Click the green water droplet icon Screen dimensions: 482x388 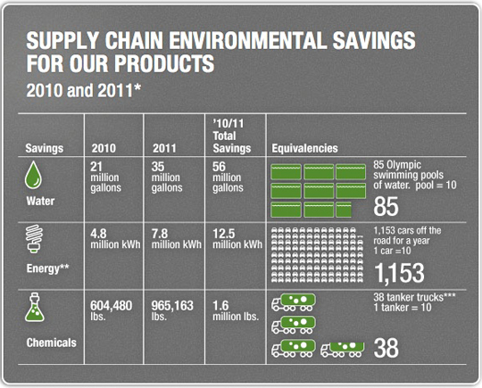pyautogui.click(x=33, y=175)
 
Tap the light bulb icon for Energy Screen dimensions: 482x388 pyautogui.click(x=34, y=239)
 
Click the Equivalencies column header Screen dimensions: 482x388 pyautogui.click(x=304, y=148)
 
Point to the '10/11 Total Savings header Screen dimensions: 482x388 pyautogui.click(x=232, y=136)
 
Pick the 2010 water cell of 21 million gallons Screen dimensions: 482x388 pyautogui.click(x=105, y=177)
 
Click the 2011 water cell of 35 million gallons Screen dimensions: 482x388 pyautogui.click(x=167, y=177)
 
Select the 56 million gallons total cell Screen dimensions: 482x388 pyautogui.click(x=228, y=177)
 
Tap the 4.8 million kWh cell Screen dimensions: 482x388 pyautogui.click(x=115, y=239)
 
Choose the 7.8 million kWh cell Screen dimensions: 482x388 pyautogui.click(x=177, y=239)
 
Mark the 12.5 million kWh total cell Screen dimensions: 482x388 pyautogui.click(x=237, y=239)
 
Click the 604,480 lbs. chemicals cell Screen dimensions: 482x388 pyautogui.click(x=111, y=310)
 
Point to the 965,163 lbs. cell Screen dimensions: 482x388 pyautogui.click(x=172, y=310)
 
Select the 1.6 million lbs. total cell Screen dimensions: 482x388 pyautogui.click(x=236, y=310)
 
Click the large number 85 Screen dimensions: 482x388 pyautogui.click(x=386, y=206)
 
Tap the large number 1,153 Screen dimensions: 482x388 pyautogui.click(x=399, y=273)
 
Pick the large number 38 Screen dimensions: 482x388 pyautogui.click(x=386, y=348)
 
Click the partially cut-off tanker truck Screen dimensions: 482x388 pyautogui.click(x=343, y=350)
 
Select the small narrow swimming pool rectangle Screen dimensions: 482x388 pyautogui.click(x=344, y=210)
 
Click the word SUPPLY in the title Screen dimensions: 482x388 pyautogui.click(x=62, y=41)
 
